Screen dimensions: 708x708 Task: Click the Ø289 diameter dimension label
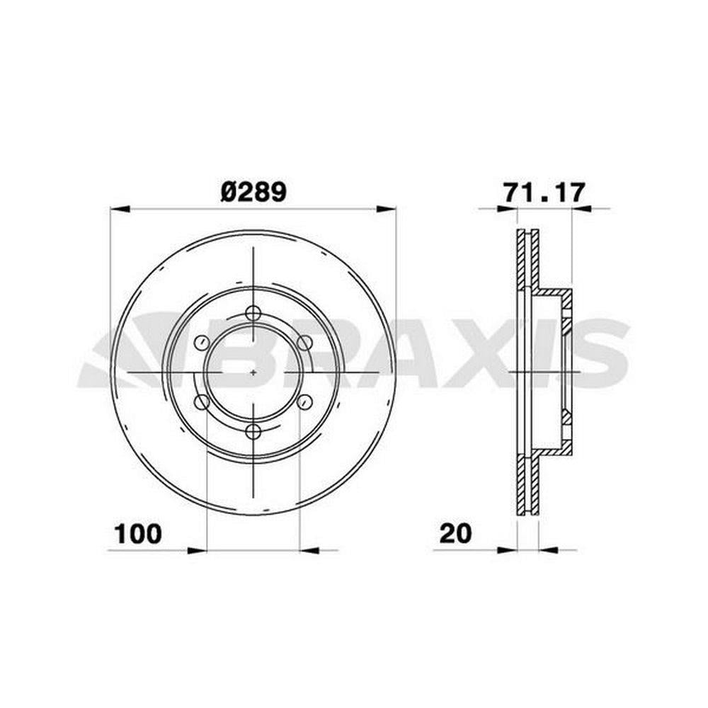pos(253,193)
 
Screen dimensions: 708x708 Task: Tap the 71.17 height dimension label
pos(544,193)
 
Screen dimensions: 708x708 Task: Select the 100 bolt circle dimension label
pos(138,534)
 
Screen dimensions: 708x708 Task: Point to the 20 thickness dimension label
pos(455,534)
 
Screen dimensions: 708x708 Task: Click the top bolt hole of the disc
pos(253,313)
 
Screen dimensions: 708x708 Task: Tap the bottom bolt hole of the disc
pos(253,432)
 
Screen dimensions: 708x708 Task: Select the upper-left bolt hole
pos(201,343)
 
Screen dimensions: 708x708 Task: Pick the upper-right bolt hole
pos(305,343)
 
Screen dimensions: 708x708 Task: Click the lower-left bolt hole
pos(201,402)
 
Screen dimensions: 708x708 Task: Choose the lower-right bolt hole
pos(305,402)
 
